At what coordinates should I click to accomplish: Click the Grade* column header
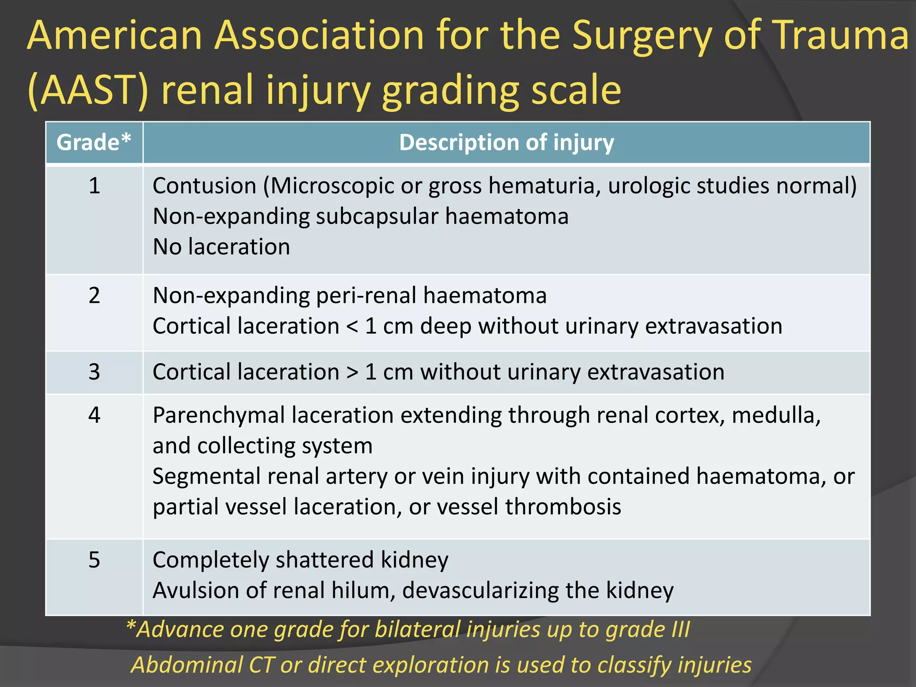point(94,143)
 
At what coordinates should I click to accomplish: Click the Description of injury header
point(506,143)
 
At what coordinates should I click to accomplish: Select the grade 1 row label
point(94,186)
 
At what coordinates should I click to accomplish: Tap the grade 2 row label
point(94,296)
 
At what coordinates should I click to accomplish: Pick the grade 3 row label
point(94,372)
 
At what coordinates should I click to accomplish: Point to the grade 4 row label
point(94,415)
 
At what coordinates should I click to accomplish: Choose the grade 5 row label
point(94,560)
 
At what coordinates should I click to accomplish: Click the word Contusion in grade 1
point(204,186)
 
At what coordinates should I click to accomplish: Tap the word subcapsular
point(377,216)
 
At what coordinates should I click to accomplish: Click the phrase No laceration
point(221,247)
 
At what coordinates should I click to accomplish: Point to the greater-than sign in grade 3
point(352,372)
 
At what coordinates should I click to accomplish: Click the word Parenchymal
point(219,415)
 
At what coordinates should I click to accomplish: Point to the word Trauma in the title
point(841,36)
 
